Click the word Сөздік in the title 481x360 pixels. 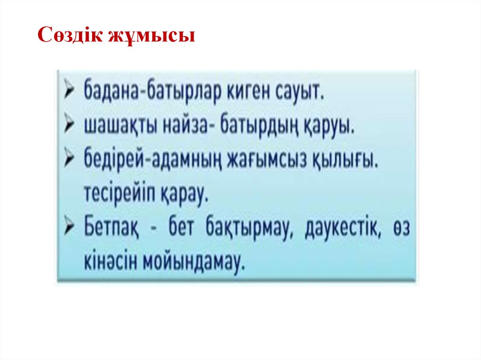68,35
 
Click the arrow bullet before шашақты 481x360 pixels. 70,125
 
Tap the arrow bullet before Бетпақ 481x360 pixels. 70,230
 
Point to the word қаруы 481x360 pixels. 329,126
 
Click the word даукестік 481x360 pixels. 341,230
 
